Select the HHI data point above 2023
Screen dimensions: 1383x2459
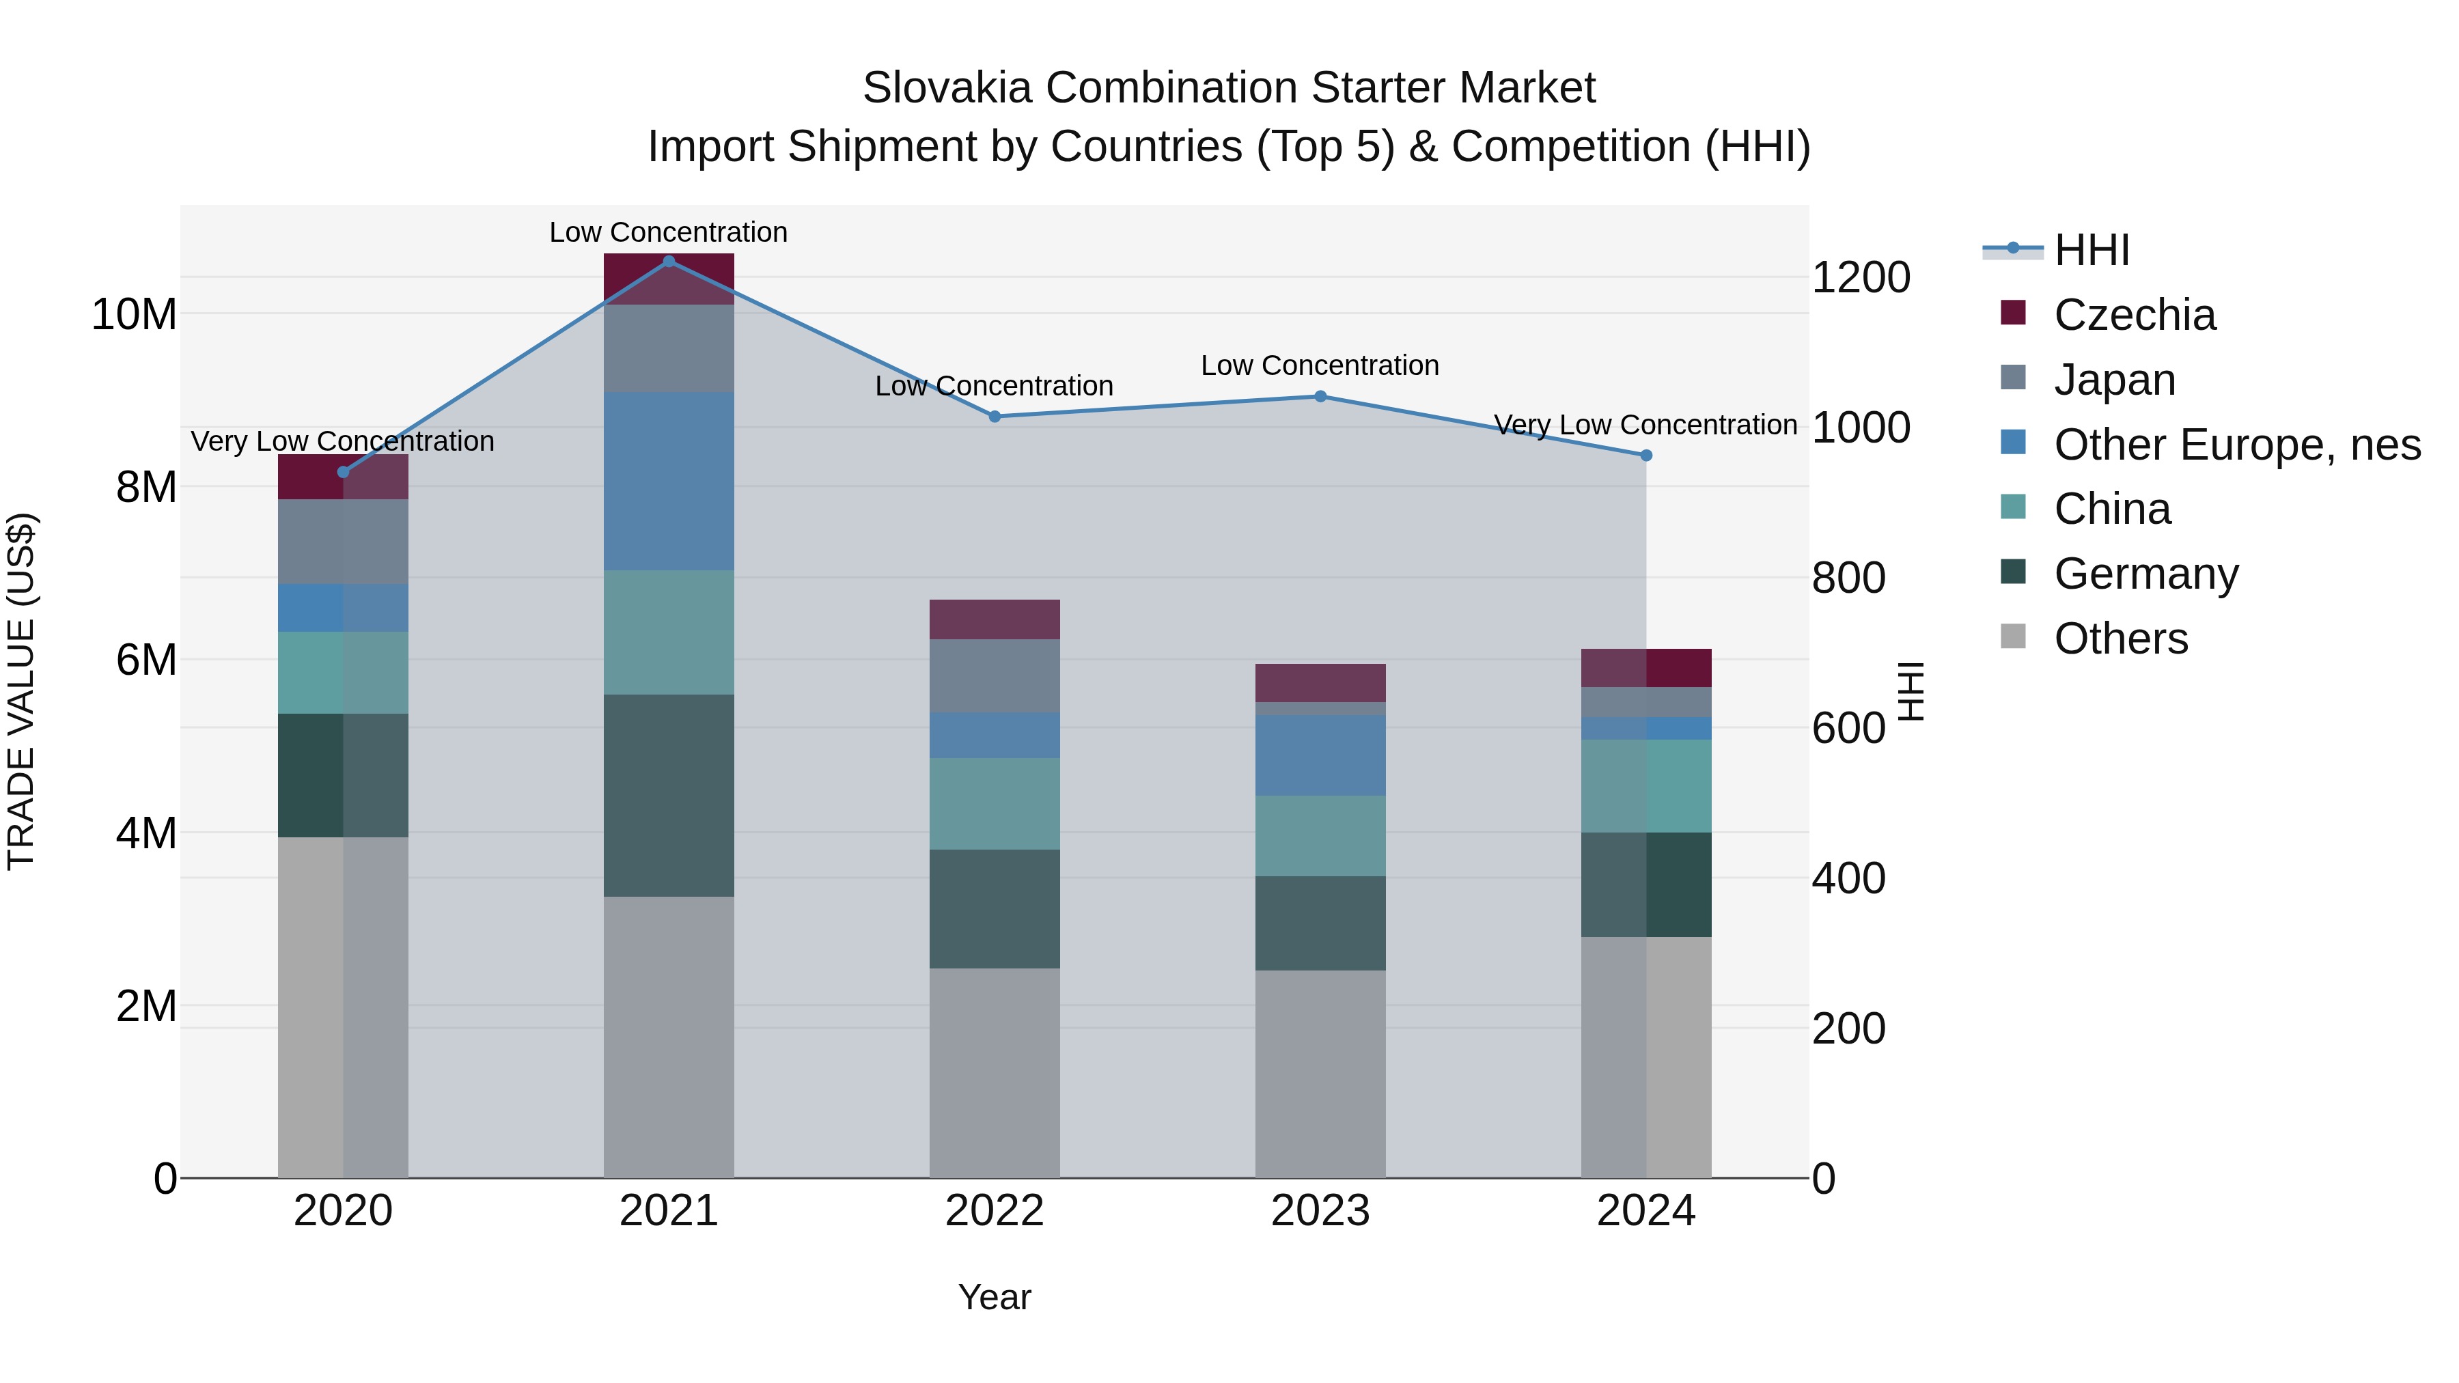(1320, 396)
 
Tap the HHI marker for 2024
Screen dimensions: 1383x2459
(1645, 456)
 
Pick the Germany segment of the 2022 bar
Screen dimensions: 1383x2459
(994, 908)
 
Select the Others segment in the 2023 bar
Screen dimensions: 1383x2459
(1320, 1074)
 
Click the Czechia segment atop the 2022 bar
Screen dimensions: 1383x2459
(994, 619)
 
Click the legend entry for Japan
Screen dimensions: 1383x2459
(2113, 379)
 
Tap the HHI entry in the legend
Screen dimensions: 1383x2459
(2091, 250)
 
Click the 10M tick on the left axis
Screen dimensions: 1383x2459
(134, 314)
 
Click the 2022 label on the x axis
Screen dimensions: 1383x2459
(994, 1210)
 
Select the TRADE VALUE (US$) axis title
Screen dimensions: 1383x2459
(21, 691)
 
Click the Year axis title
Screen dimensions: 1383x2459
(994, 1297)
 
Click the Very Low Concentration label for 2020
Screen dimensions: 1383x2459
(343, 441)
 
